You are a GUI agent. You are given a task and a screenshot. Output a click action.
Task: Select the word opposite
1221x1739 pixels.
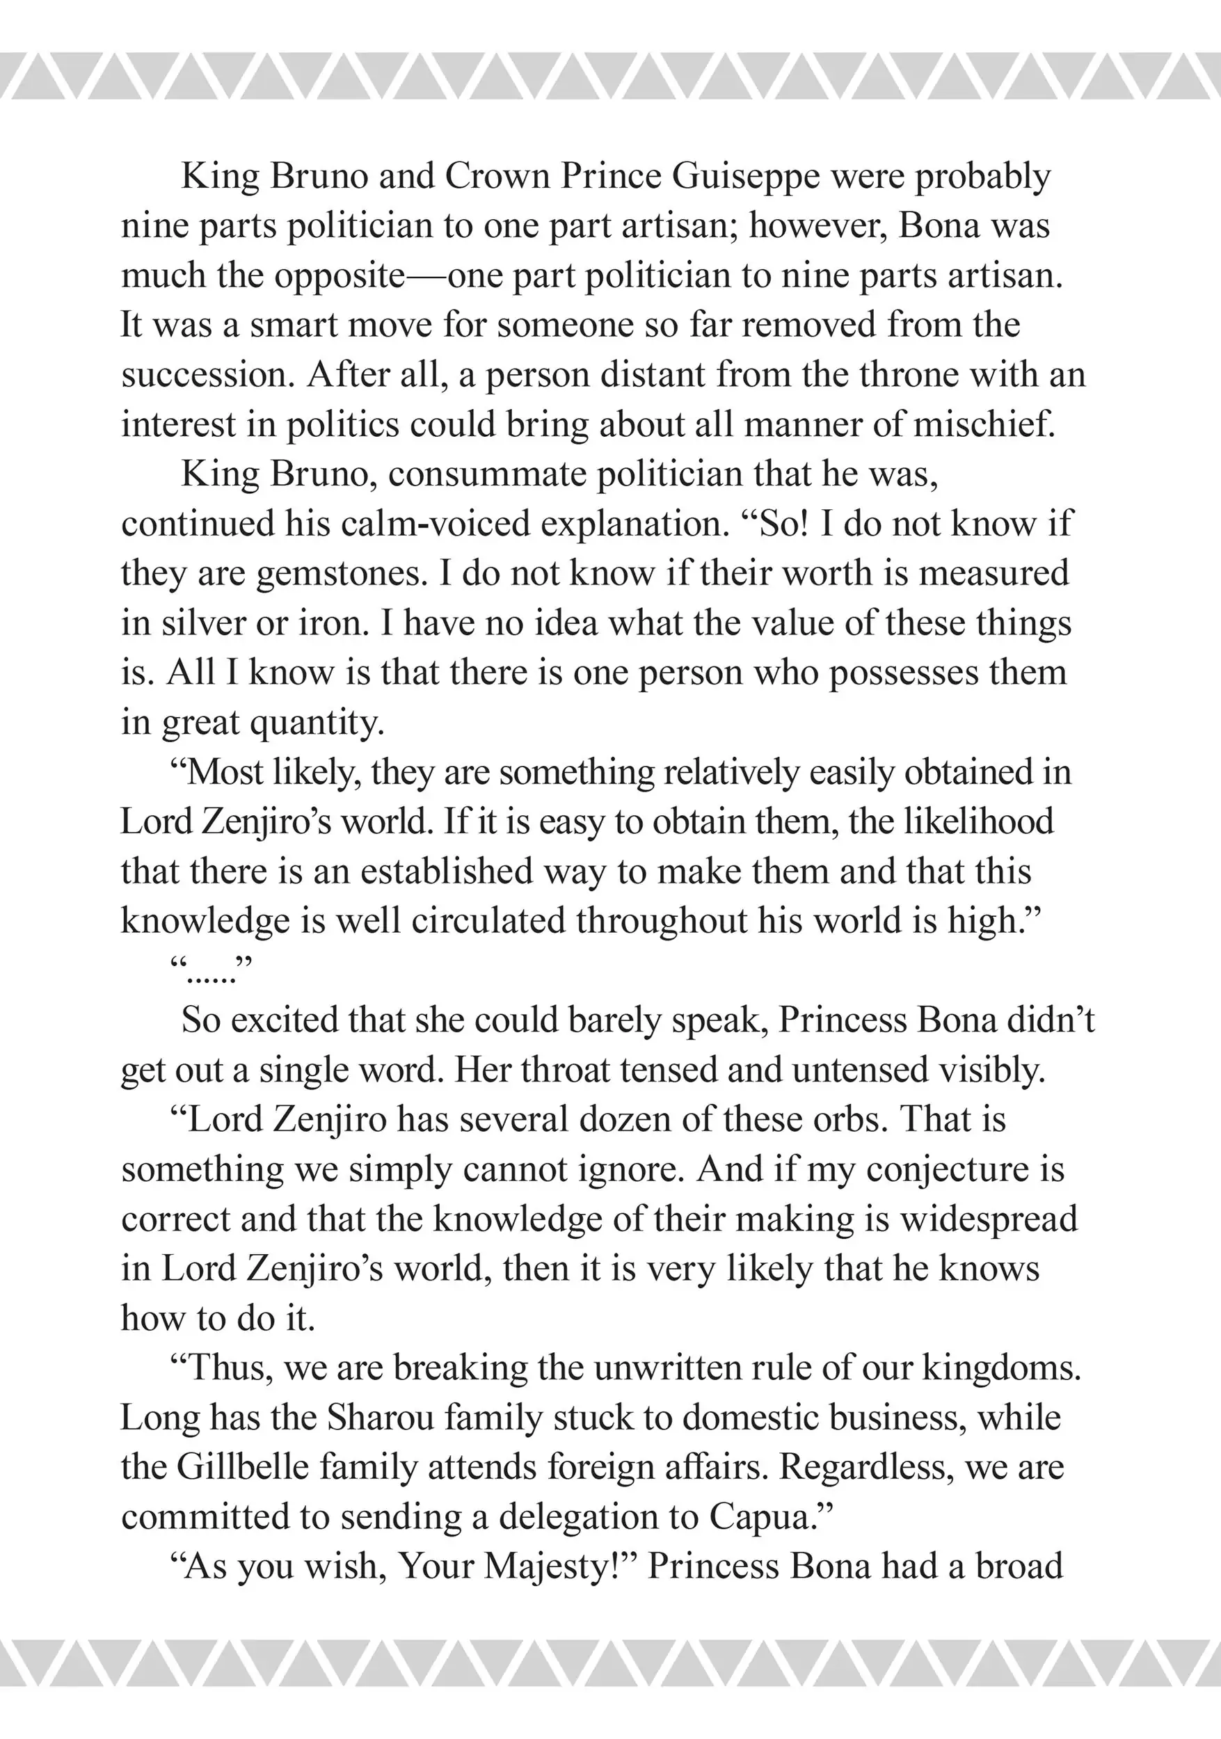(340, 276)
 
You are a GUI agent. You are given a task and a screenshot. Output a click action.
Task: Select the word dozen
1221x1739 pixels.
(623, 1119)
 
